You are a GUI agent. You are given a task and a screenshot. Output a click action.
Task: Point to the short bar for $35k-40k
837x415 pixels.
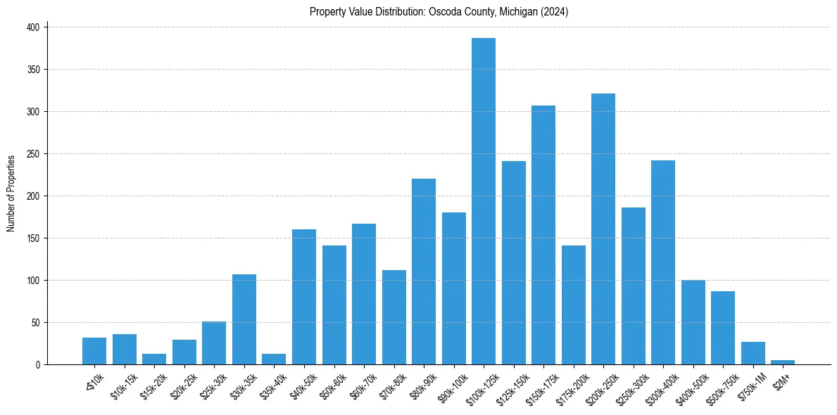tap(274, 359)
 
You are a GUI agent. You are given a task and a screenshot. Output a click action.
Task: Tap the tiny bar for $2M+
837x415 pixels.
tap(783, 362)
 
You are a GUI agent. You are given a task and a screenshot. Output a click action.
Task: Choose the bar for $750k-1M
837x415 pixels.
tap(753, 353)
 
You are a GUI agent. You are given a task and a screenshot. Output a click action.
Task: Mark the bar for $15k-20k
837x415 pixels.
tap(154, 359)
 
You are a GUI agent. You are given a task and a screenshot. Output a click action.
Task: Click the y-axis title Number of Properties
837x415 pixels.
tap(11, 193)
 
